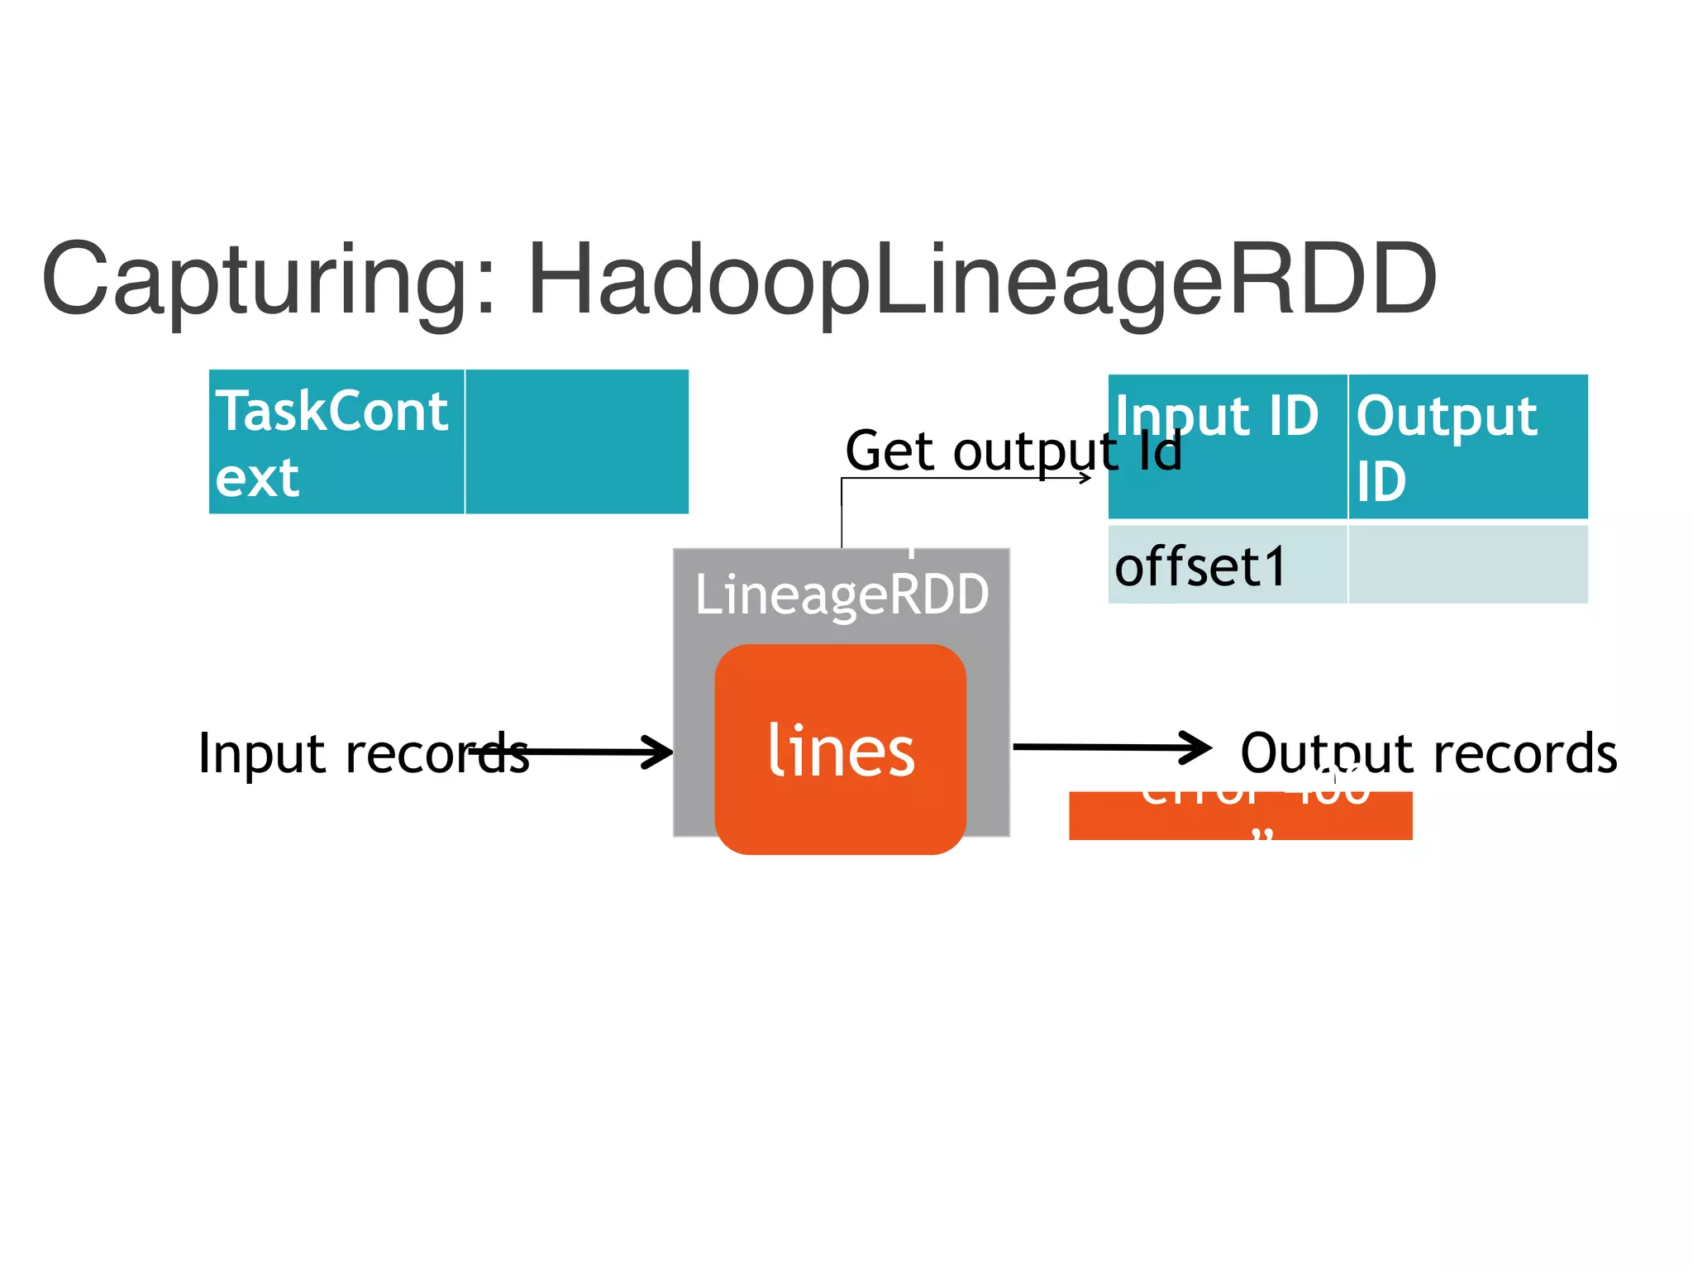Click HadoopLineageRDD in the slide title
click(x=982, y=281)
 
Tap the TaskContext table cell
click(x=336, y=442)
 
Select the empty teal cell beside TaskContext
click(x=577, y=442)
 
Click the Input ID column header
click(x=1227, y=446)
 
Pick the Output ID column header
click(x=1467, y=446)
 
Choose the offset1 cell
click(x=1227, y=566)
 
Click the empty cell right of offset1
click(x=1467, y=566)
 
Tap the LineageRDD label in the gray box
click(x=842, y=594)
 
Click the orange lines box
click(x=840, y=819)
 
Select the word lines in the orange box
click(x=841, y=751)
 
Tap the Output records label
click(x=1428, y=753)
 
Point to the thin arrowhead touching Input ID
click(x=1085, y=478)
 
